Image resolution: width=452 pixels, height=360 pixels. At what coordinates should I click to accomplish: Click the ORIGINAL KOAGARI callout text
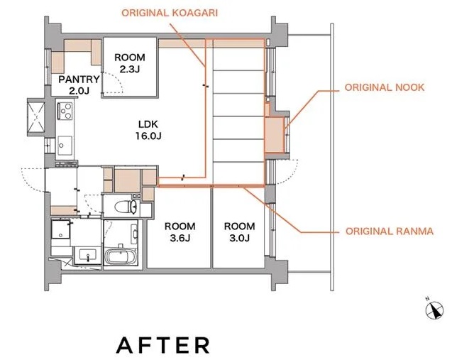(170, 13)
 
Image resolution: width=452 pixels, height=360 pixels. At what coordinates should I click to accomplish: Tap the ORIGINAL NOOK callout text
(385, 87)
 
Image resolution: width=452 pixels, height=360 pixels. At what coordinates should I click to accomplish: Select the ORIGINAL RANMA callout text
(390, 231)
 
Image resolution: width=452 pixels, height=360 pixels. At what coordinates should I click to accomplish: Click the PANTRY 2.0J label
(79, 84)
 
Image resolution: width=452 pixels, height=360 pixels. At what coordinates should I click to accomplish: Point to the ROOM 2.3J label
(130, 63)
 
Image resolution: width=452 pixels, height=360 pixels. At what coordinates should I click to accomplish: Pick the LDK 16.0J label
(148, 130)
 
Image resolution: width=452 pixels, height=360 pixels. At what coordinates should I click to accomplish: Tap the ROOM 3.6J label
(180, 232)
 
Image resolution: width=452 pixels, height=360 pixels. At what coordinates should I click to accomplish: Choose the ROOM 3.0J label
(240, 232)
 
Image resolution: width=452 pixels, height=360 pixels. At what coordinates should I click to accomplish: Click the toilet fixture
(126, 207)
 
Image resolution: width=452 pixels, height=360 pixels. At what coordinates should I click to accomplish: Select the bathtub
(121, 256)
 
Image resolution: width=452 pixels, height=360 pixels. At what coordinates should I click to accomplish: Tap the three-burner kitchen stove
(65, 111)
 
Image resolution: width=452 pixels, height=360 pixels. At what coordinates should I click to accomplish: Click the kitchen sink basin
(65, 146)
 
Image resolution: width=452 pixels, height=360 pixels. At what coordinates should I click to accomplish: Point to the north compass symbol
(434, 310)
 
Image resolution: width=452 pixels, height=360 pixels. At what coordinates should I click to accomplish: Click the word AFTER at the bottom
(163, 345)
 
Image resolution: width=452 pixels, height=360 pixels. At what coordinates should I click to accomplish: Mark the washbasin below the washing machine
(88, 256)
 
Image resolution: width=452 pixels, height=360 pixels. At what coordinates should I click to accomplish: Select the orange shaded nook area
(275, 135)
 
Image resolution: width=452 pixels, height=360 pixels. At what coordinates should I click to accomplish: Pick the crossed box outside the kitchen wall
(36, 117)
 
